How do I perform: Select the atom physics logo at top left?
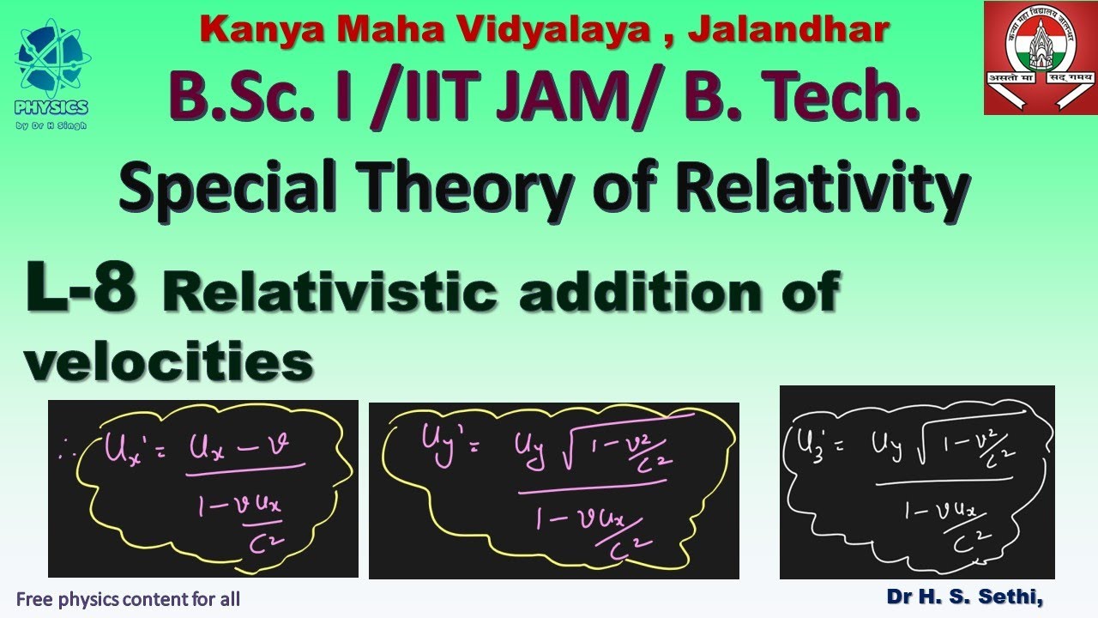[x=51, y=60]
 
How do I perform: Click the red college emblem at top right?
[x=1039, y=57]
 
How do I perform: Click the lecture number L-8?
[x=81, y=290]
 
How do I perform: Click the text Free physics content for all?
[x=128, y=599]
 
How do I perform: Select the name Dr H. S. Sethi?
[x=965, y=597]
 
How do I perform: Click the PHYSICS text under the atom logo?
[x=51, y=107]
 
